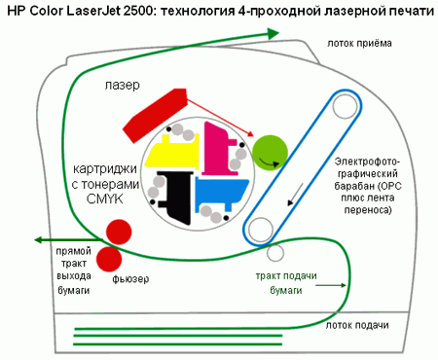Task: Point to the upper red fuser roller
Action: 119,232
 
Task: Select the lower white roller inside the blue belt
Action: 261,229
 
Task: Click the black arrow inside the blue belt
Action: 288,195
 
